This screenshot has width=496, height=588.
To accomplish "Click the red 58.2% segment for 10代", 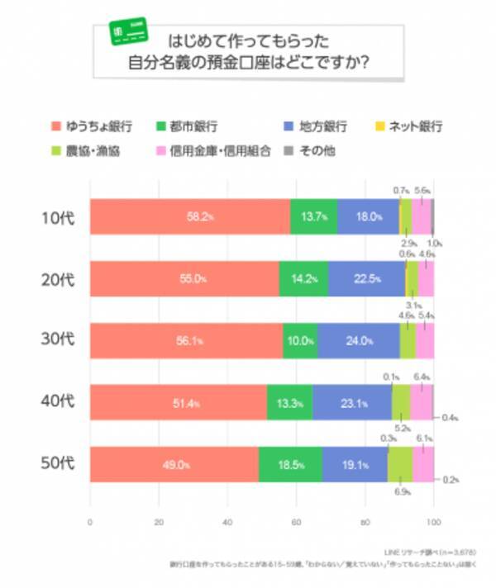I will tap(189, 217).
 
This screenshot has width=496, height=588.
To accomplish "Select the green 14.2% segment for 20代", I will tap(303, 278).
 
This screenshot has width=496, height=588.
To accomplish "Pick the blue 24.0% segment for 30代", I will tap(359, 339).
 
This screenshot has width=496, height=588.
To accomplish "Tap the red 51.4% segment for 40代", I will tap(178, 402).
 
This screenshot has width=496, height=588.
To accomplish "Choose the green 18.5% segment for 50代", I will tap(290, 463).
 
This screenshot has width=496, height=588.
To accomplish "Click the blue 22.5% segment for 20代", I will tap(366, 278).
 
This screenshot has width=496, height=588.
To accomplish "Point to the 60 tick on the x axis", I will tap(296, 521).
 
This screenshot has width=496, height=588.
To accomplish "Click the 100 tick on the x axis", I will tap(433, 521).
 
